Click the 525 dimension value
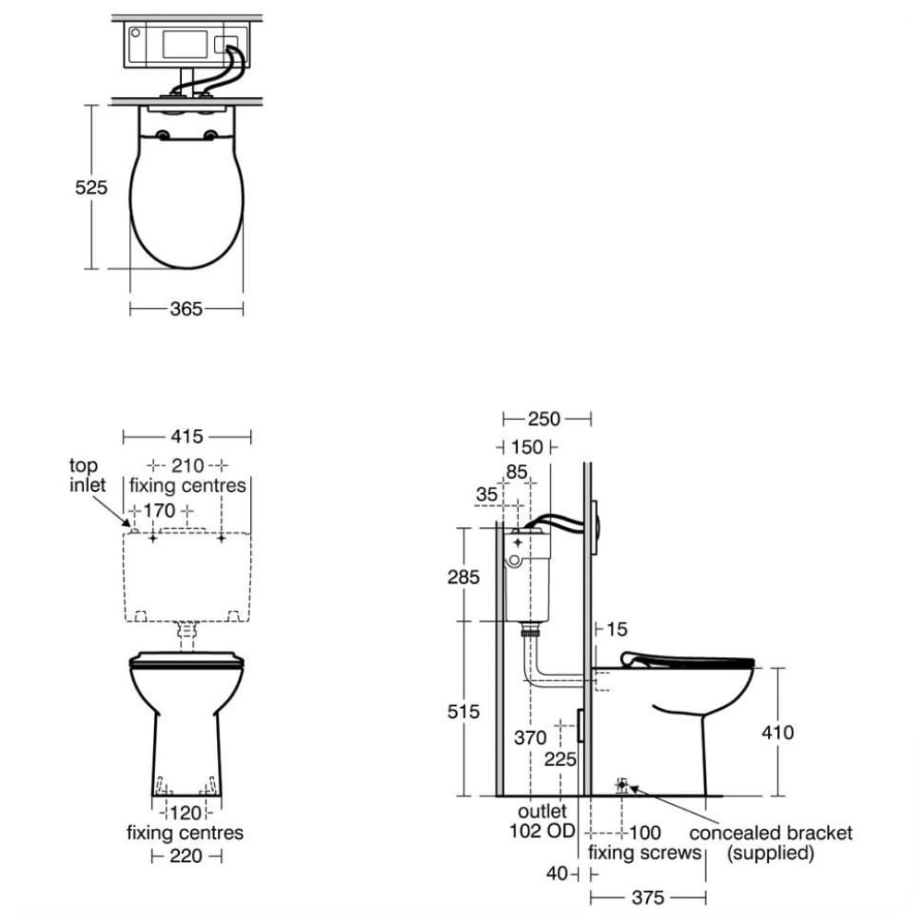coord(91,187)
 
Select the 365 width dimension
coord(186,308)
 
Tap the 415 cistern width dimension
coord(186,437)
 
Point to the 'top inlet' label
coord(87,475)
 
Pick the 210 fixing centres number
coord(187,465)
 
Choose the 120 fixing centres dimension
coord(186,813)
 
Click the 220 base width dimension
coord(186,856)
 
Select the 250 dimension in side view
coord(544,419)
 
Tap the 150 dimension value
coord(527,448)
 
